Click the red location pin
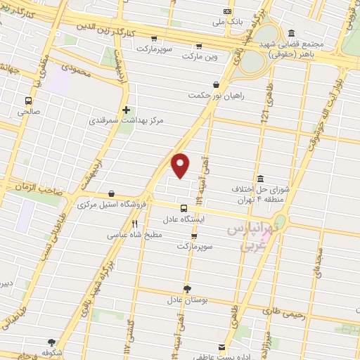pyautogui.click(x=181, y=165)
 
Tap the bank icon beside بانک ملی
pyautogui.click(x=226, y=11)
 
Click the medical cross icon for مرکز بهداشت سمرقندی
pyautogui.click(x=126, y=110)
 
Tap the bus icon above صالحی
pyautogui.click(x=29, y=101)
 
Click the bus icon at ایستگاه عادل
pyautogui.click(x=184, y=208)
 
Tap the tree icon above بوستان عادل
pyautogui.click(x=187, y=289)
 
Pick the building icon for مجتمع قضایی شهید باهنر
pyautogui.click(x=291, y=33)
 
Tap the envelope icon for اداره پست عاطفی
pyautogui.click(x=222, y=347)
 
